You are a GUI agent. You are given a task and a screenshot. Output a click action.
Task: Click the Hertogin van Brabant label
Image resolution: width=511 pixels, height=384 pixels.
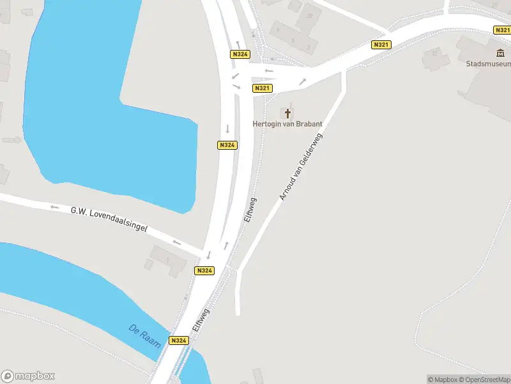(287, 124)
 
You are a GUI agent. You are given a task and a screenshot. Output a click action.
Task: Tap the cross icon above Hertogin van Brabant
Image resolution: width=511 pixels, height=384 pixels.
(287, 113)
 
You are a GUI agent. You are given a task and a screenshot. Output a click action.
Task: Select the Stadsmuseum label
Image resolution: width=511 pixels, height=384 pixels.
(489, 64)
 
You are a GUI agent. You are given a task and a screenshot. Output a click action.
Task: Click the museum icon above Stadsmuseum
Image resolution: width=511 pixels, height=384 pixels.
(500, 53)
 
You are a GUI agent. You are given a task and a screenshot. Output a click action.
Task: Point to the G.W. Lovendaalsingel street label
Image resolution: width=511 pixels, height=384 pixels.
(109, 219)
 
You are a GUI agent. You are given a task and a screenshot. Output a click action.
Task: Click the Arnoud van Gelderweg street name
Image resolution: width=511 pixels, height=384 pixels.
(301, 166)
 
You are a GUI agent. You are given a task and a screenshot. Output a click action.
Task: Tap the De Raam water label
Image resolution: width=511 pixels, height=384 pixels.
(144, 337)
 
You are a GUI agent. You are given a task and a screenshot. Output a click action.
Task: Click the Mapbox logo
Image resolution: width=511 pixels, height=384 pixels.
(28, 376)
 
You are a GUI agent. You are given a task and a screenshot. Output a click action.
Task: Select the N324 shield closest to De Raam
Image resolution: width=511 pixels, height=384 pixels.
(179, 340)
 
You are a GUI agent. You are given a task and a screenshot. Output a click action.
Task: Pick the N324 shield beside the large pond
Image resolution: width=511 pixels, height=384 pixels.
(227, 145)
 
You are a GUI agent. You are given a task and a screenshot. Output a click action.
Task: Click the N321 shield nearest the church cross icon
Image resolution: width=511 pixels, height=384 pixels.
(262, 88)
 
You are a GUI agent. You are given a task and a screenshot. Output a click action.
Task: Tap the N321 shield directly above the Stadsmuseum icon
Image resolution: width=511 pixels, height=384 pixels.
(502, 30)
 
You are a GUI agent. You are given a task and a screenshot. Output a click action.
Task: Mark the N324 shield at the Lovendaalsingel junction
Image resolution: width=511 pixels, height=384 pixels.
(204, 271)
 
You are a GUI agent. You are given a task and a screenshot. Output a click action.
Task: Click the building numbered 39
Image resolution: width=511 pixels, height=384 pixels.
(310, 15)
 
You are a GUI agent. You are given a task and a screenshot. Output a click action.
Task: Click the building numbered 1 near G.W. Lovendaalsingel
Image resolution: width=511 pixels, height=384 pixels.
(168, 259)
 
